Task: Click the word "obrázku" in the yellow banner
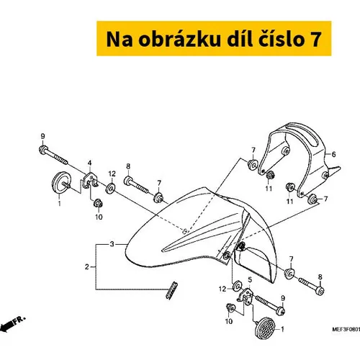pos(179,39)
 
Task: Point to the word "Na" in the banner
pos(119,40)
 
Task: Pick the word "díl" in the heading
pos(239,38)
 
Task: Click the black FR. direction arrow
pos(13,324)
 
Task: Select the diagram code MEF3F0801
pos(346,330)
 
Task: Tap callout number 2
pos(87,266)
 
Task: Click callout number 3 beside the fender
pos(112,244)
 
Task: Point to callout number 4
pos(89,163)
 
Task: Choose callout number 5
pos(250,279)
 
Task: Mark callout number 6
pos(333,154)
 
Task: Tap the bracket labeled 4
pos(90,181)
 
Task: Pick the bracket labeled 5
pos(246,296)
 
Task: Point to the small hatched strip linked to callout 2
pos(172,290)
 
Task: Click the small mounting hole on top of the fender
pos(184,231)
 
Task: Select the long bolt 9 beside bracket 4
pos(53,156)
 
